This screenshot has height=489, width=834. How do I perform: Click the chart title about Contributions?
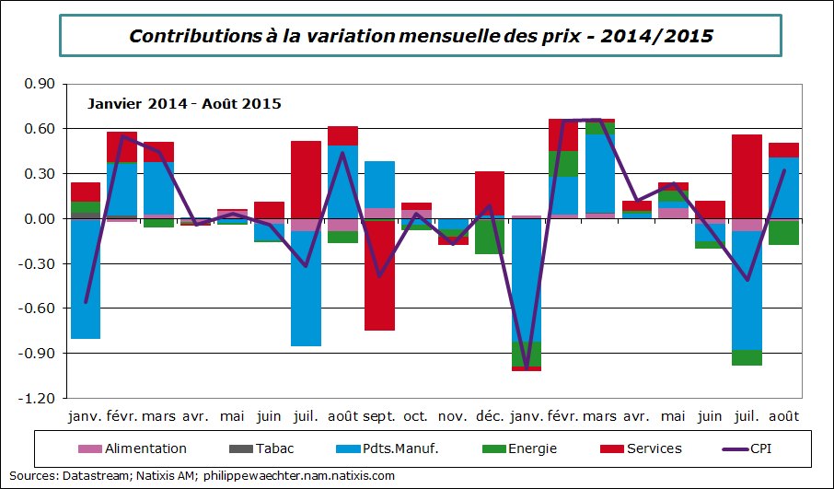[421, 36]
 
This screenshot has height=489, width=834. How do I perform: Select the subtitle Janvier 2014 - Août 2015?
[184, 103]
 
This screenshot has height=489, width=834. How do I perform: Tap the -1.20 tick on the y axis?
[41, 398]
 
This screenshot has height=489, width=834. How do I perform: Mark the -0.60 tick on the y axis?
[41, 309]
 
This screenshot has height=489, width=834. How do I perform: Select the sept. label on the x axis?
[378, 416]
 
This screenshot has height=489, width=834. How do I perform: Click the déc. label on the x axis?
[489, 416]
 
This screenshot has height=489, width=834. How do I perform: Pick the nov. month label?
[453, 416]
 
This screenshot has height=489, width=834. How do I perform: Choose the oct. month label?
[416, 416]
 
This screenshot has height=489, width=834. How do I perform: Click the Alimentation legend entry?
[145, 448]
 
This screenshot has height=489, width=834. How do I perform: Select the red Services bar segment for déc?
[490, 192]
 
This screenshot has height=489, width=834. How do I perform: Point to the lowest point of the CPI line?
[527, 368]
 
